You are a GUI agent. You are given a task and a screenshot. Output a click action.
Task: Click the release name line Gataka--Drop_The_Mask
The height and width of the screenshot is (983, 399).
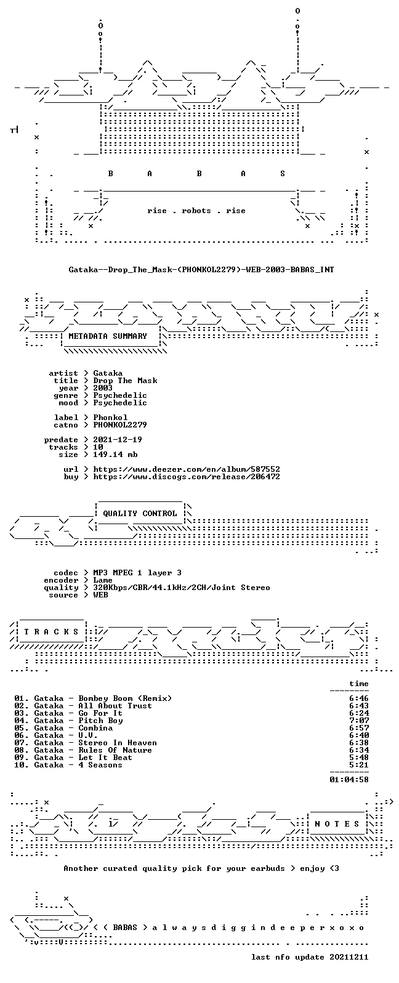click(201, 269)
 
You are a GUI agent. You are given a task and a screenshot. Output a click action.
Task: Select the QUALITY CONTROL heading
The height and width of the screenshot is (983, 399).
click(140, 514)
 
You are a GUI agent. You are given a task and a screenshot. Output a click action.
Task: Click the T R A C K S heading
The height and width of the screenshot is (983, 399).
click(51, 632)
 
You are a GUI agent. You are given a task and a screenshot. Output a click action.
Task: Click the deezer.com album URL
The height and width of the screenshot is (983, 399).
click(187, 469)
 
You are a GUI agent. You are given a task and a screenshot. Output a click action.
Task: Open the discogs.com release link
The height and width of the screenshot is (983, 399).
click(187, 477)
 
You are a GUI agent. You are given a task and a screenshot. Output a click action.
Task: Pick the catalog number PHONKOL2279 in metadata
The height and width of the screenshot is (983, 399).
click(120, 425)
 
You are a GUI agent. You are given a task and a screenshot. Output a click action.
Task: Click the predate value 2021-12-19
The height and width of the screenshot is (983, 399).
click(118, 440)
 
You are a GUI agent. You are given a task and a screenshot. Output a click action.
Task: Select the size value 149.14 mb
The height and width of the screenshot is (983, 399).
click(115, 455)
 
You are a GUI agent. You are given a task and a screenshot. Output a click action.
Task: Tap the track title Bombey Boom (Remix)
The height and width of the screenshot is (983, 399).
click(125, 698)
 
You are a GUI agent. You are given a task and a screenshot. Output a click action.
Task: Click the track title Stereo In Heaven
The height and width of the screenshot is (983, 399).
click(118, 743)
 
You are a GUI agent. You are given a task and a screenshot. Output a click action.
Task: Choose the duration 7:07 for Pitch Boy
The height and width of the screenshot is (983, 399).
click(359, 721)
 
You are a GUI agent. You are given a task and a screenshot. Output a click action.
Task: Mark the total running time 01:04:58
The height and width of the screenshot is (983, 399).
click(349, 780)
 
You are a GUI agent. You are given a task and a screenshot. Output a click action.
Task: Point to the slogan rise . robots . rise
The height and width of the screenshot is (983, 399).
click(196, 211)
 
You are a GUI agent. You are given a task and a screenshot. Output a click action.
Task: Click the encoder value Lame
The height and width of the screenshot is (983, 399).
click(103, 580)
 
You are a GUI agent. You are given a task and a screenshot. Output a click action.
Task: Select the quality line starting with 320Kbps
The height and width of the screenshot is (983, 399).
click(181, 588)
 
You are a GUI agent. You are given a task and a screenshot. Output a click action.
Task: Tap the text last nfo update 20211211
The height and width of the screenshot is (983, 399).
click(310, 957)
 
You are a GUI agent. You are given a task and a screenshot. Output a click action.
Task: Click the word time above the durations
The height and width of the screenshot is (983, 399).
click(359, 684)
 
